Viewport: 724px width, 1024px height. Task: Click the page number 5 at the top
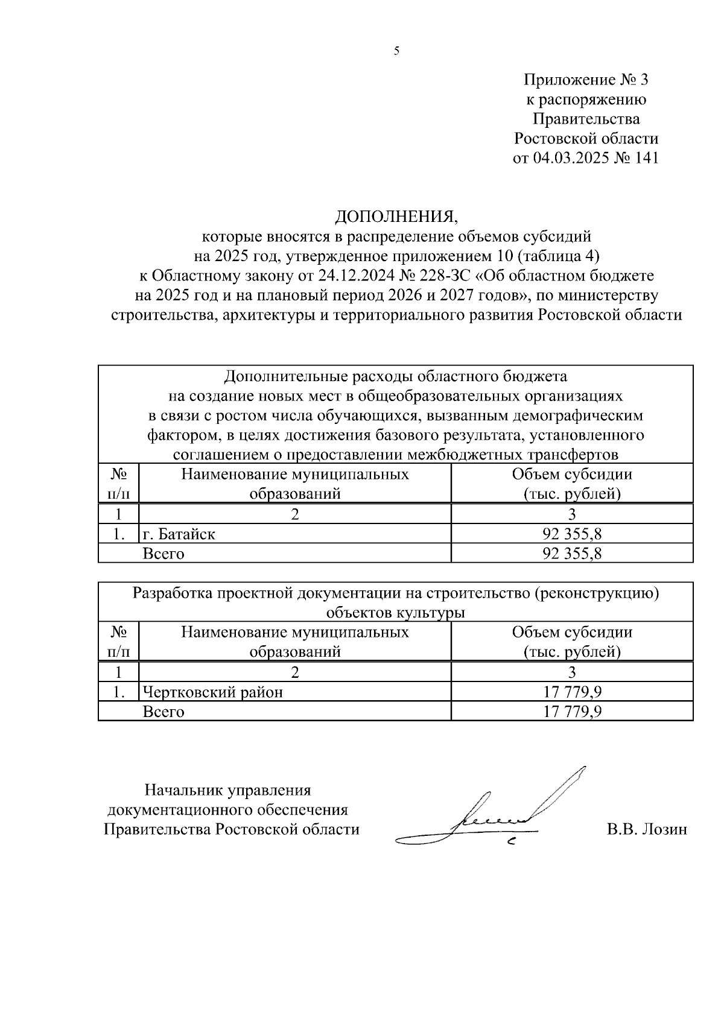click(x=396, y=51)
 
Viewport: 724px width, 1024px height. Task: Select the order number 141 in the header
click(x=644, y=159)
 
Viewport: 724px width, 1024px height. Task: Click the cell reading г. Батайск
click(x=179, y=534)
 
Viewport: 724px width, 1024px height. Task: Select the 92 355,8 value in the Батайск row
click(x=572, y=534)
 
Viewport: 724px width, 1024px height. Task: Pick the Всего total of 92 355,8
click(x=572, y=553)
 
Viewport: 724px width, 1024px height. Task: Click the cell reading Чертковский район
click(x=212, y=692)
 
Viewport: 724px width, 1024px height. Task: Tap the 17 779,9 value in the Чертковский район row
click(x=572, y=692)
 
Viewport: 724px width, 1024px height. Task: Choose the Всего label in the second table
click(x=163, y=712)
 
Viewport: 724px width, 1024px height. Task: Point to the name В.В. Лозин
click(x=647, y=829)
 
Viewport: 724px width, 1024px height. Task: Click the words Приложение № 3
click(x=585, y=80)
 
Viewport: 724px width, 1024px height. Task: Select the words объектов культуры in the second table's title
click(x=395, y=613)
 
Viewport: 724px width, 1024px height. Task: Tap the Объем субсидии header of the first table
click(x=572, y=474)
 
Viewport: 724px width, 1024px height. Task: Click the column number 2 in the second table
click(x=295, y=672)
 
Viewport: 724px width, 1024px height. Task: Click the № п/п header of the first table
click(x=118, y=484)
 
